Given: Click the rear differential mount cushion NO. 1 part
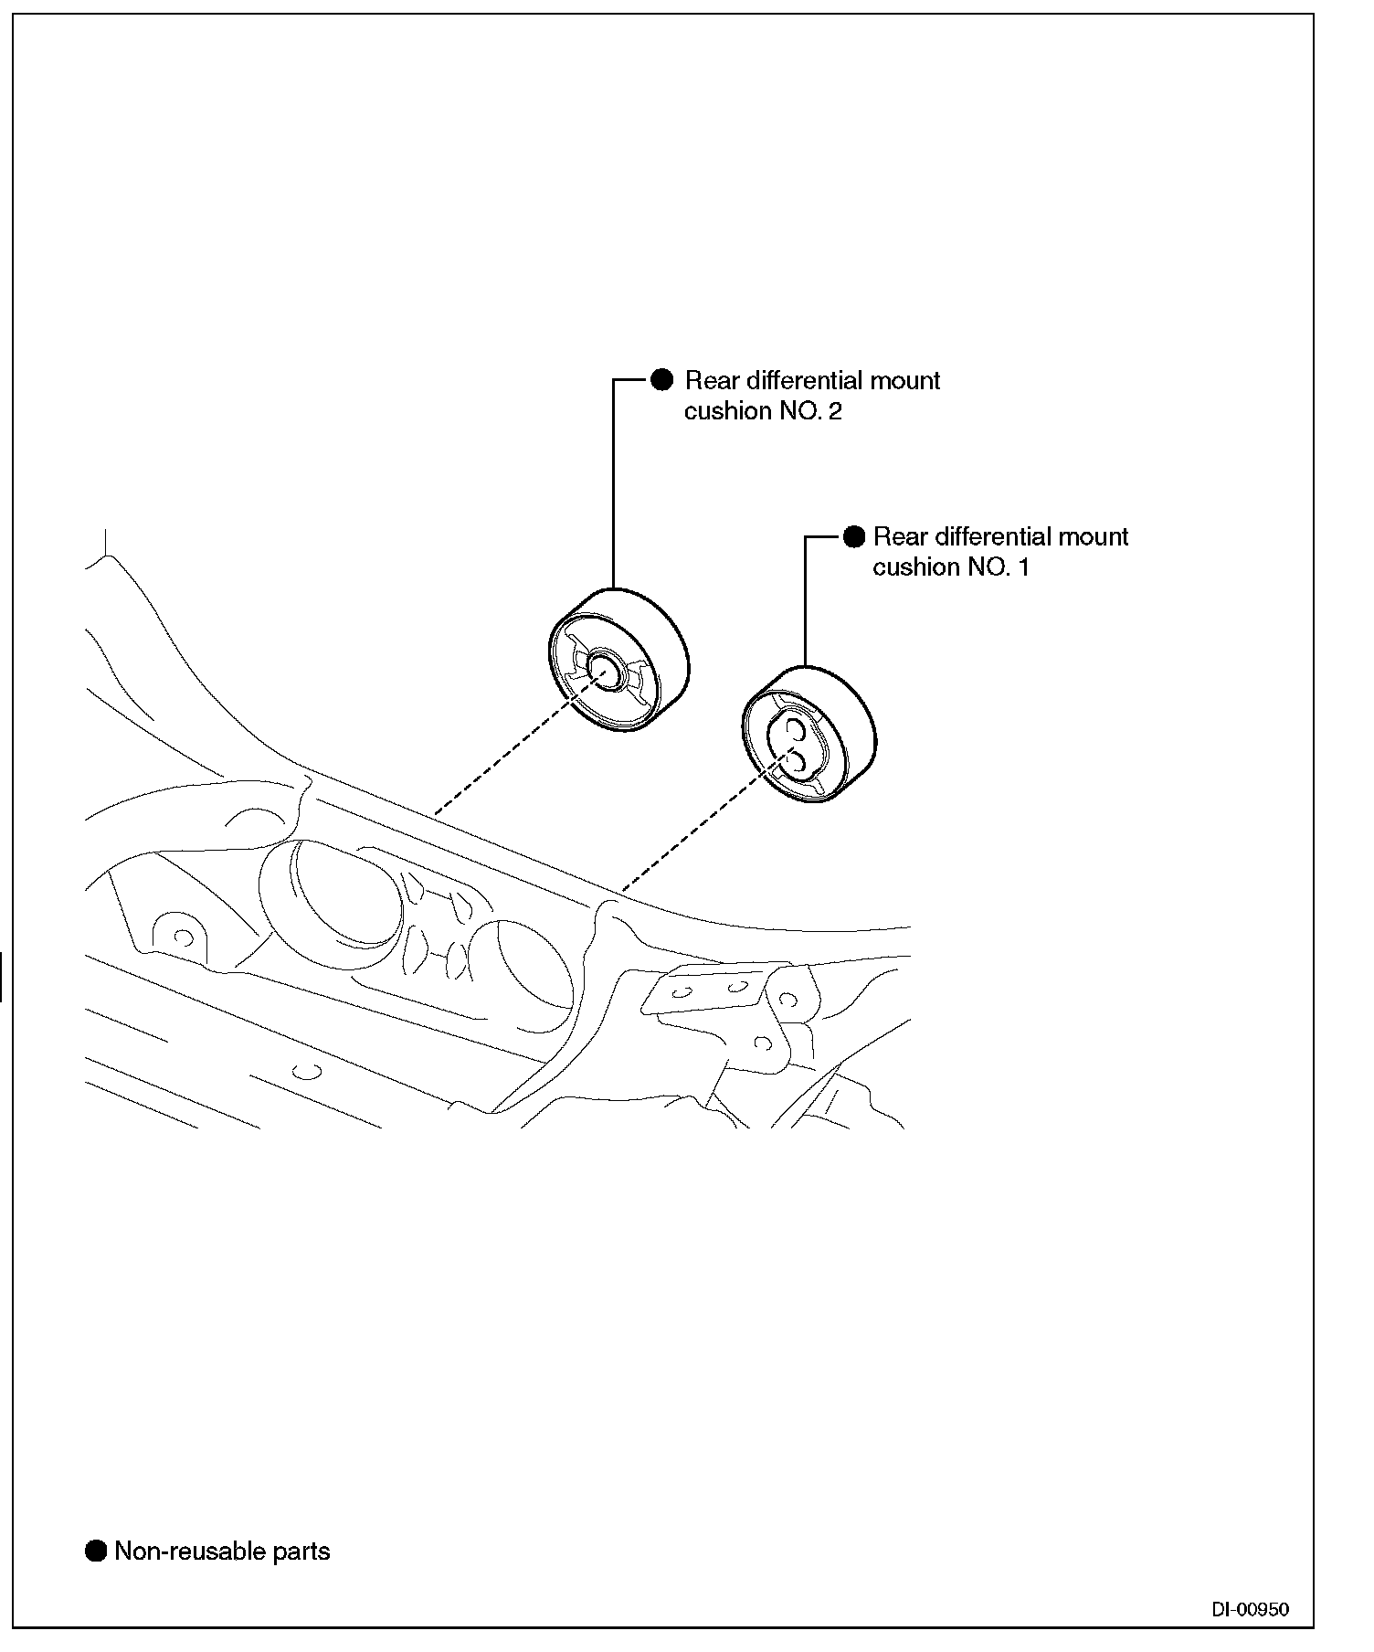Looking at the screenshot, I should tap(808, 735).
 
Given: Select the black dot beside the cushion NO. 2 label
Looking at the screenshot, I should tap(661, 380).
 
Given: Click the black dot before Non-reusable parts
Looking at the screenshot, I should tap(95, 1551).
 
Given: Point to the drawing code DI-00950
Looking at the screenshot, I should tap(1250, 1610).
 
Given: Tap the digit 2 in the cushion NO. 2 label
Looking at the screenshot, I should tap(834, 411).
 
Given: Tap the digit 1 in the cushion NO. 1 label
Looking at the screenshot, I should tap(1023, 567).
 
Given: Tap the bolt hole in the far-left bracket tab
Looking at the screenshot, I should tap(182, 937).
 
